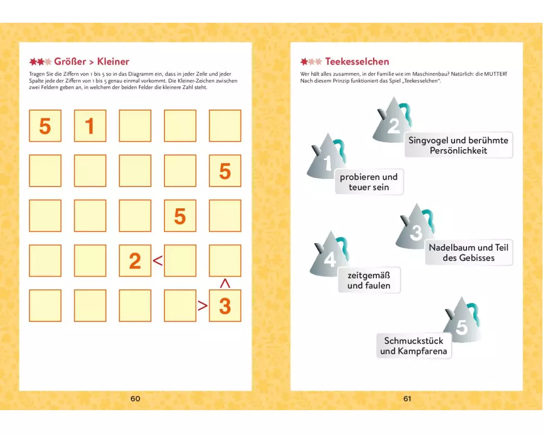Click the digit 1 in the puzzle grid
(90, 126)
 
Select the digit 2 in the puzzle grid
(135, 261)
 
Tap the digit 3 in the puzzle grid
(225, 306)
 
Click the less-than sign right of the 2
(157, 260)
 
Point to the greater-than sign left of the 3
(203, 305)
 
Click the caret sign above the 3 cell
(225, 283)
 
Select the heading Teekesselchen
(357, 62)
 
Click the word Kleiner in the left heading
(113, 62)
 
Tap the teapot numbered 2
(393, 120)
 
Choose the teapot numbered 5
(462, 320)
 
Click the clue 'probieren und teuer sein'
(369, 182)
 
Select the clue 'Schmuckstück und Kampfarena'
(414, 346)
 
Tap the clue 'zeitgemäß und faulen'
(369, 280)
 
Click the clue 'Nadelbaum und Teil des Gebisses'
(469, 253)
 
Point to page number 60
(135, 399)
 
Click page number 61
(407, 399)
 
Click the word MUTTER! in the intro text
(495, 74)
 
